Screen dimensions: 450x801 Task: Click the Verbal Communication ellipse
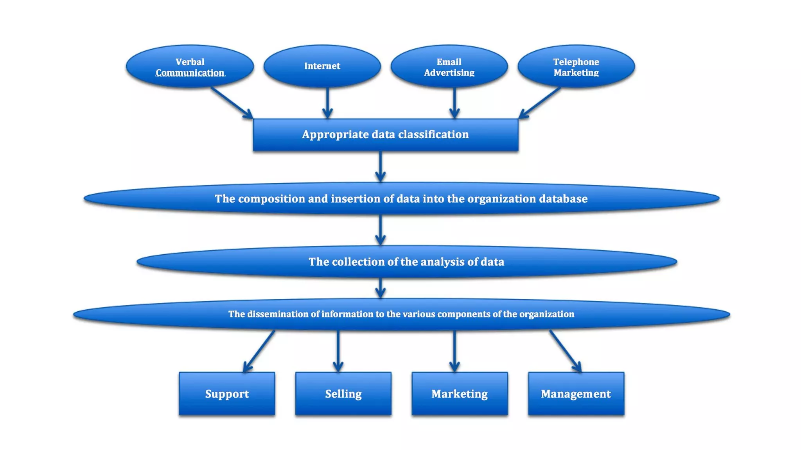pos(190,66)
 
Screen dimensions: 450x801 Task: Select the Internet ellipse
pos(322,66)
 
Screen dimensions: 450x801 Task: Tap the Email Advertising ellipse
pos(449,66)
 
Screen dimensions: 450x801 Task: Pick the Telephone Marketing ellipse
pos(576,66)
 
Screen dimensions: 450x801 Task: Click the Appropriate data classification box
pos(385,135)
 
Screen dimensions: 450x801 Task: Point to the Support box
pos(227,394)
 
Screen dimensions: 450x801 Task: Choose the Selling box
pos(343,394)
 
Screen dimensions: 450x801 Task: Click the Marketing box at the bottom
pos(460,394)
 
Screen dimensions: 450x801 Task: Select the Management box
pos(576,394)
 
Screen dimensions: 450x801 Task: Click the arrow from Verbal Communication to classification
pos(232,102)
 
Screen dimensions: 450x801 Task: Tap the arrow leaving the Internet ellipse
pos(327,102)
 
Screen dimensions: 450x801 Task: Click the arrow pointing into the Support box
pos(259,351)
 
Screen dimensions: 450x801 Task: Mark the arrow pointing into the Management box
pos(565,351)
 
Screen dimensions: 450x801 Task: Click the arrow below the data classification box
pos(380,166)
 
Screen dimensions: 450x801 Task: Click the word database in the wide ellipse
pos(563,199)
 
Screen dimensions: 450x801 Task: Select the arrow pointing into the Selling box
pos(338,351)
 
